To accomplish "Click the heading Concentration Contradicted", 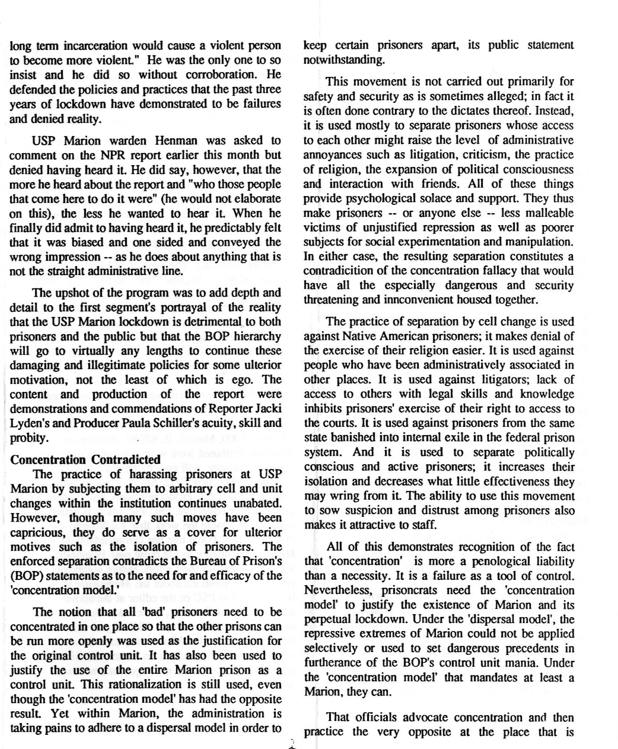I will (85, 460).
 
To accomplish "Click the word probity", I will (28, 438).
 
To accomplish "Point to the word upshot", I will (71, 293).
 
